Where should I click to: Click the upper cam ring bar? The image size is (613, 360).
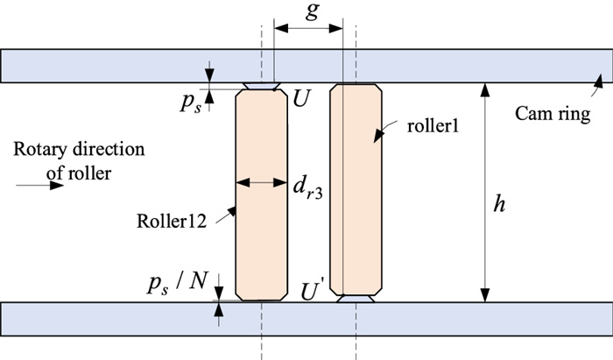pyautogui.click(x=131, y=65)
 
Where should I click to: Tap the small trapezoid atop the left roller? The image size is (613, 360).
pyautogui.click(x=263, y=86)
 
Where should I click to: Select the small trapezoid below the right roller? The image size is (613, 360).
pyautogui.click(x=356, y=299)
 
